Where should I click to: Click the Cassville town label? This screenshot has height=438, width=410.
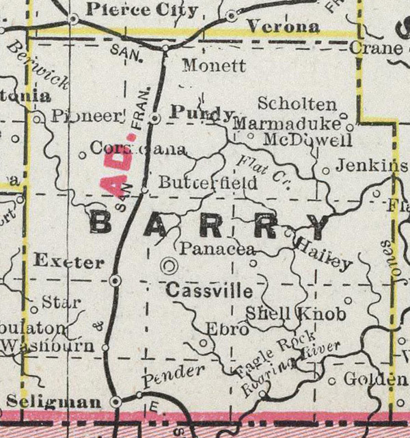(x=209, y=291)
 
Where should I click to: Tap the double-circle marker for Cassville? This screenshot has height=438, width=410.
(x=169, y=265)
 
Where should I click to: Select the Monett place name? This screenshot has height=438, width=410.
(x=215, y=67)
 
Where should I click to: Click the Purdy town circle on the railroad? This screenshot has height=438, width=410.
(x=156, y=118)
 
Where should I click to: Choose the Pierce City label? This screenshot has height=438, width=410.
(x=143, y=10)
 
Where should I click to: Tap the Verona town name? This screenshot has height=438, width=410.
(x=283, y=27)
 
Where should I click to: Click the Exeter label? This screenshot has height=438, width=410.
(x=68, y=261)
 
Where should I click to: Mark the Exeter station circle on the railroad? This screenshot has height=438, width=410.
(x=115, y=281)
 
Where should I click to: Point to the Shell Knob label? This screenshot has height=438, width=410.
(x=295, y=313)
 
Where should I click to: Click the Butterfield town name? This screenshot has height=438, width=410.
(x=208, y=183)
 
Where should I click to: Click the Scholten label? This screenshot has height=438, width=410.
(x=297, y=104)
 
